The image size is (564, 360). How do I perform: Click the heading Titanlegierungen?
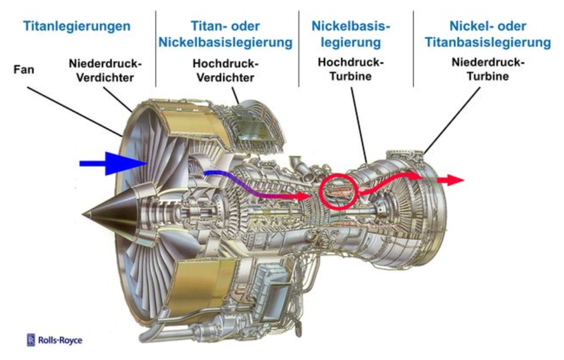point(76,26)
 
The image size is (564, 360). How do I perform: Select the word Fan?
point(24,69)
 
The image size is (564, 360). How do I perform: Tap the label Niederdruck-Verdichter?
point(105,71)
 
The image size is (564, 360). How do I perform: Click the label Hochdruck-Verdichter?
point(226,71)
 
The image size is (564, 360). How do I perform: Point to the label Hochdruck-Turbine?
point(351,69)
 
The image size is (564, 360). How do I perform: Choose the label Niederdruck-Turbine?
point(488,69)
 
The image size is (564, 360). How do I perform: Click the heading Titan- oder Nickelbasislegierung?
point(226,34)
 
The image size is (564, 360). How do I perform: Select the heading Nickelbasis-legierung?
point(351,34)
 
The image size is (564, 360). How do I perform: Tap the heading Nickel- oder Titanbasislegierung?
point(488,34)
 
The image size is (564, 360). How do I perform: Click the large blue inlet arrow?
point(113,163)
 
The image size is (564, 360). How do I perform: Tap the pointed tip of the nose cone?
point(83,215)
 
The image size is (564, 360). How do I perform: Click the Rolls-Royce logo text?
point(60,340)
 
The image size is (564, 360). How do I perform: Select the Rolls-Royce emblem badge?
point(31,340)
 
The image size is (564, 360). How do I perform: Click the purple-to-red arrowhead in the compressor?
point(303,196)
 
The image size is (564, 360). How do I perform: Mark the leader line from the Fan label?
point(75,112)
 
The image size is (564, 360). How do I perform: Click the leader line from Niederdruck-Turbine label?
point(452,121)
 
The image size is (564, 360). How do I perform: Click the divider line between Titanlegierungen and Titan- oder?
point(156,49)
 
